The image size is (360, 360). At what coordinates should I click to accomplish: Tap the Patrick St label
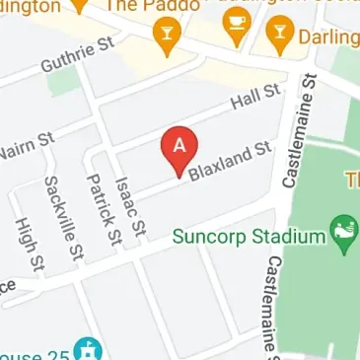pyautogui.click(x=103, y=208)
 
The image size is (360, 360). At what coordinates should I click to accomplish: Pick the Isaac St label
pyautogui.click(x=130, y=205)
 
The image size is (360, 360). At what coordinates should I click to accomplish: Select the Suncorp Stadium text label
pyautogui.click(x=248, y=237)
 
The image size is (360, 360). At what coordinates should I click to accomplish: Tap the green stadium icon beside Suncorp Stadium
pyautogui.click(x=343, y=233)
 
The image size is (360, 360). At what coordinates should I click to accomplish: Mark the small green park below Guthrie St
pyautogui.click(x=61, y=80)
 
